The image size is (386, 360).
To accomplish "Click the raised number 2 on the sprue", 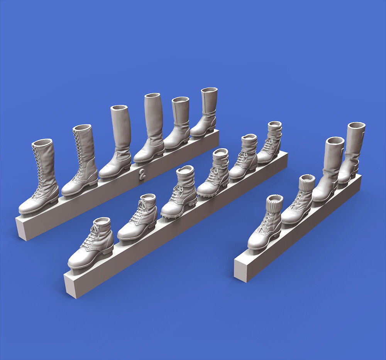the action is (142, 174).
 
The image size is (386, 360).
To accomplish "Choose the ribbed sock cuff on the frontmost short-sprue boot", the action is (274, 204).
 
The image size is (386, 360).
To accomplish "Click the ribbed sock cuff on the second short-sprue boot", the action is (307, 182).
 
